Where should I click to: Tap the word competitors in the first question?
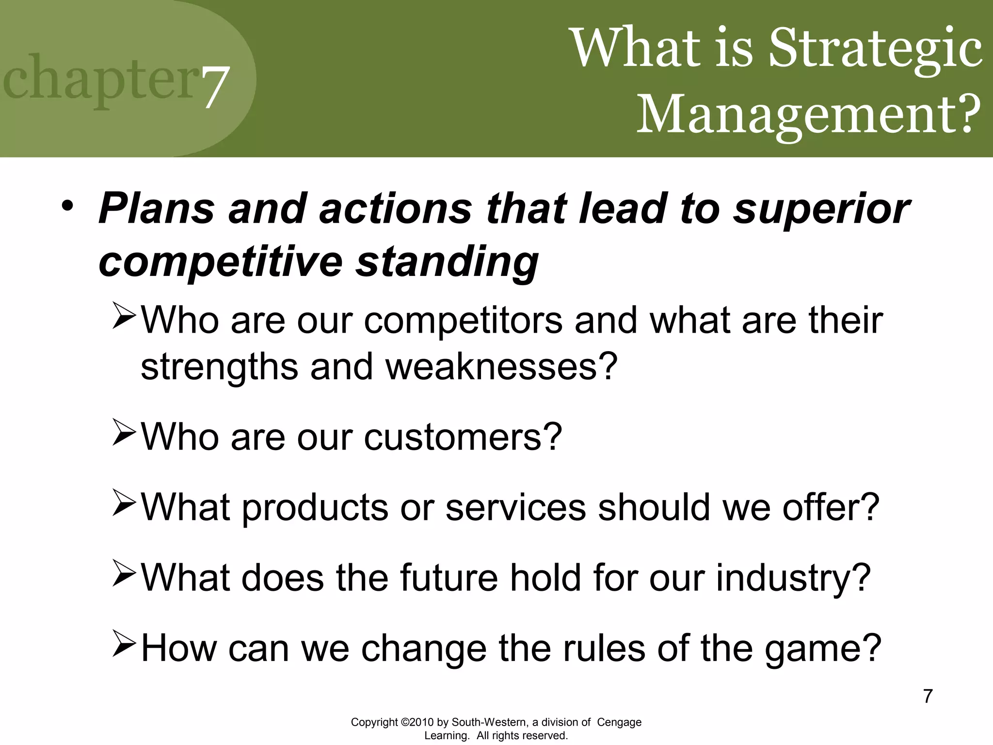click(x=463, y=321)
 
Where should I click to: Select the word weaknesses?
click(x=501, y=367)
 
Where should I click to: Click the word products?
click(x=315, y=508)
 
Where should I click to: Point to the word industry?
click(x=793, y=578)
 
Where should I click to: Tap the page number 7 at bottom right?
click(x=928, y=696)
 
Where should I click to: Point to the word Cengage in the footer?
click(x=619, y=722)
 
